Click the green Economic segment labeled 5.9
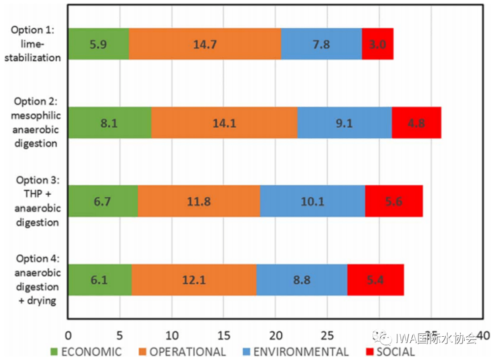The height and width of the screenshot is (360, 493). pos(98,44)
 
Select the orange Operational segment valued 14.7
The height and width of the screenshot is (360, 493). pos(205,44)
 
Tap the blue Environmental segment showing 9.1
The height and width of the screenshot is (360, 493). pos(344,123)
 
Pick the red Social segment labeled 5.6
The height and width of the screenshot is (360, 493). pos(393,201)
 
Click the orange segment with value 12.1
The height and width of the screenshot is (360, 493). pos(194,280)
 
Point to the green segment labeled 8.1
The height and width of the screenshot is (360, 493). pos(110,123)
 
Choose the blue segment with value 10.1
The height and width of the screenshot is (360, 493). pos(312,201)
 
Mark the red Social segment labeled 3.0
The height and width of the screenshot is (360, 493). pos(378,44)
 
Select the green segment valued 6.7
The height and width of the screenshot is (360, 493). pos(103,201)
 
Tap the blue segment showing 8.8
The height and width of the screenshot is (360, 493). pos(301,280)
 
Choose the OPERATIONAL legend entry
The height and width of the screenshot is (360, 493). pos(182,352)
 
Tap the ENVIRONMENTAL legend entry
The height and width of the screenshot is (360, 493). pos(295,352)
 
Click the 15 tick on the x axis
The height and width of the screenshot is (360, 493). pos(223,336)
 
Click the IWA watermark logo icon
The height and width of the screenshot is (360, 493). pos(383,338)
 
